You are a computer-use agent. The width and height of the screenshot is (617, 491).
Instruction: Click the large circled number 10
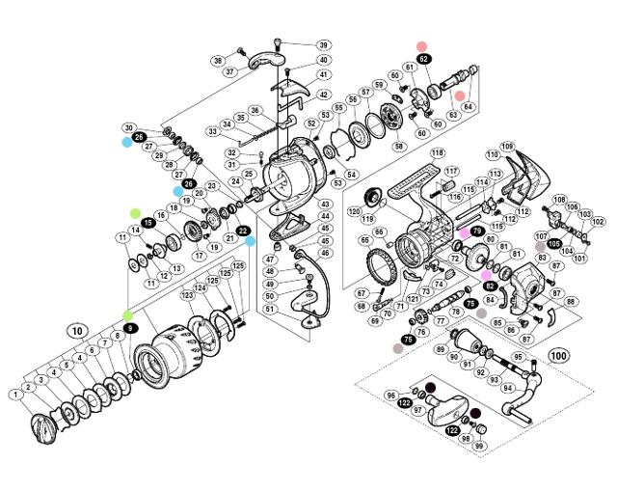(x=76, y=328)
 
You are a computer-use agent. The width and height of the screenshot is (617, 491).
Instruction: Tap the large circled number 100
(x=557, y=354)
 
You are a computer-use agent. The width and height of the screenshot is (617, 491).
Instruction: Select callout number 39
(x=322, y=45)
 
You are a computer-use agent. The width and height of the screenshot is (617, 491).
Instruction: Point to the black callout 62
(x=424, y=59)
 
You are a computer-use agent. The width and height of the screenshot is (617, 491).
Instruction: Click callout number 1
(x=16, y=394)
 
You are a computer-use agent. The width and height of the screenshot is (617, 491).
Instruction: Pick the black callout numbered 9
(x=130, y=329)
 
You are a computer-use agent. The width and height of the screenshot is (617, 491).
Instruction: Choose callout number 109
(x=507, y=147)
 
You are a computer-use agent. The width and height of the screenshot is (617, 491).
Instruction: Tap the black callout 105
(x=554, y=244)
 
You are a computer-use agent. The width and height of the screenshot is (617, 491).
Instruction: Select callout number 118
(x=437, y=153)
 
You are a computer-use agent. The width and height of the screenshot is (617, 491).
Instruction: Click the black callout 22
(x=243, y=230)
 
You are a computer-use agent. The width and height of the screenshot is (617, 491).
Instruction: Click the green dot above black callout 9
(x=128, y=315)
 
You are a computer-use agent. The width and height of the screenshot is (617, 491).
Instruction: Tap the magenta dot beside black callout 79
(x=463, y=232)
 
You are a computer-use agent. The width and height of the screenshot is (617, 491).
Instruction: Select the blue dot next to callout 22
(x=250, y=241)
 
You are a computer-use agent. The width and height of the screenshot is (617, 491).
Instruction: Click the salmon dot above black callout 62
(x=421, y=45)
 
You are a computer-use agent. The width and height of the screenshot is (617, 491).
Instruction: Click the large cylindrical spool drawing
(x=174, y=347)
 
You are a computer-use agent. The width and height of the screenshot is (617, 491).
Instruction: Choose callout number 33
(x=213, y=131)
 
